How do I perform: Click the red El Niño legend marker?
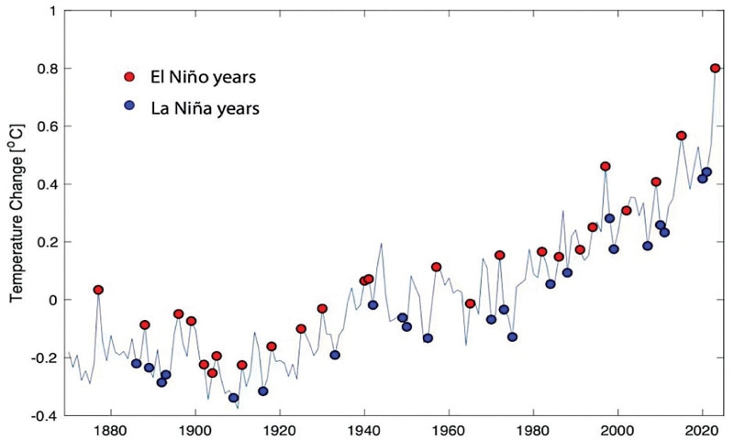click(131, 76)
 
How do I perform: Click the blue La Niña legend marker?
click(131, 106)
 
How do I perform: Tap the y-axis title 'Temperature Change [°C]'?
click(16, 212)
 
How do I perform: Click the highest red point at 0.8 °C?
click(716, 68)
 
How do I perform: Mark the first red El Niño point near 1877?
click(98, 290)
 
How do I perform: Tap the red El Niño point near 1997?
click(606, 166)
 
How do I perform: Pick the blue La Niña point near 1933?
click(335, 355)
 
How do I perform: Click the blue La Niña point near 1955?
click(428, 338)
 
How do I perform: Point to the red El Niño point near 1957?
click(437, 267)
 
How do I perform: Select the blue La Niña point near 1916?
click(263, 391)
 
